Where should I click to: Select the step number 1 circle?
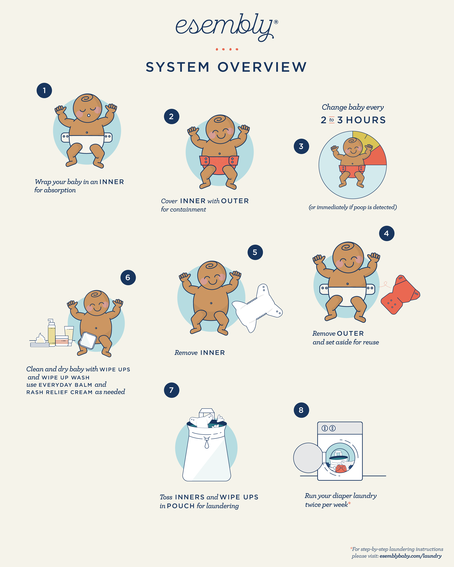pos(44,90)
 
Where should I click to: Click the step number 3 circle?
pos(301,146)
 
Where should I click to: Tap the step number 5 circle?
pos(255,252)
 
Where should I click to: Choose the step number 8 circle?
pos(301,410)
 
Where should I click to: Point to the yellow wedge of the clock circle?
pos(366,138)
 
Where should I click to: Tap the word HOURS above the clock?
pos(366,120)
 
